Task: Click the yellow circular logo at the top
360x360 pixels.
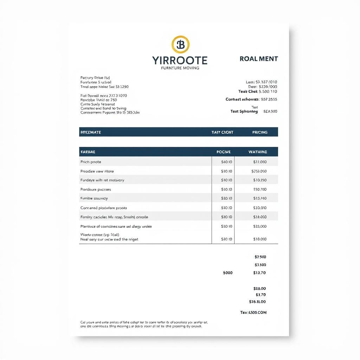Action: click(180, 44)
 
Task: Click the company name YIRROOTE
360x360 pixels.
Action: click(180, 60)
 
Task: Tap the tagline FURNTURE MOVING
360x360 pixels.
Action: click(180, 68)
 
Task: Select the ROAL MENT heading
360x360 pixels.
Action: click(259, 59)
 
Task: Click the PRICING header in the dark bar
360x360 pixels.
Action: click(260, 132)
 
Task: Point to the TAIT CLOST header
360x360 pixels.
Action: click(222, 132)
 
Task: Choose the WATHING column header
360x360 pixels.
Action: click(258, 152)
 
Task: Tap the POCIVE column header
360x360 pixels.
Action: click(224, 152)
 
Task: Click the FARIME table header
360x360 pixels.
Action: click(88, 152)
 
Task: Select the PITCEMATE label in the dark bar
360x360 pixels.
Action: click(91, 132)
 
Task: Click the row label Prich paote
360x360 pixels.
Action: click(91, 162)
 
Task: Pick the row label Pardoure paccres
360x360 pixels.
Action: click(96, 189)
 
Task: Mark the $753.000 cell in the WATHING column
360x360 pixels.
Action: click(259, 171)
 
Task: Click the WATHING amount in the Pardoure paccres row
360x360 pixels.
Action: click(260, 189)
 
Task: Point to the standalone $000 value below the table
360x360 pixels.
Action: click(227, 272)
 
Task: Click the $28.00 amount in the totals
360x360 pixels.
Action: click(260, 288)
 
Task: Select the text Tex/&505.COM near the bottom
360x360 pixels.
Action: click(253, 312)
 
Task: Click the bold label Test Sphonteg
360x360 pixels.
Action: click(244, 111)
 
